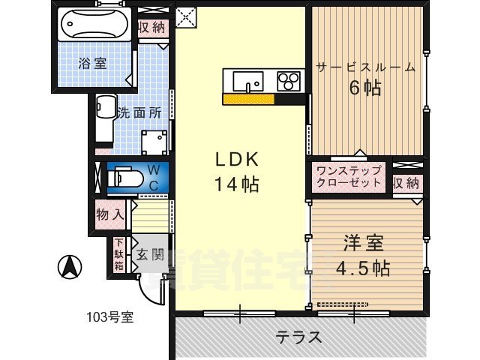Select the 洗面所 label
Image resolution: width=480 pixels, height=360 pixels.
point(139,113)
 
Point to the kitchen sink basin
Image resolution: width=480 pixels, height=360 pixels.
point(247,79)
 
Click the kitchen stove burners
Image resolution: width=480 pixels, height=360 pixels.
point(289,79)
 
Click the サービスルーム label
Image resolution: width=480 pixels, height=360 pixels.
point(366,67)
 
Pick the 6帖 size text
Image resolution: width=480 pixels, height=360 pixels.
point(364,88)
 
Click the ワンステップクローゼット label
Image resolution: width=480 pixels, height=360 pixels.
point(349,177)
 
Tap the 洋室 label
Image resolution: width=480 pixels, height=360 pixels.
point(364,243)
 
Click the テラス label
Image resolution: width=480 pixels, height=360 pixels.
point(298,337)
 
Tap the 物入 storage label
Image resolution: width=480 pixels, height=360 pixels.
point(110,214)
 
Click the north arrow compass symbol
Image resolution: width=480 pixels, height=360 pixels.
point(70,266)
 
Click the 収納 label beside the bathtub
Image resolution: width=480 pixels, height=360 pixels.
point(151,28)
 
